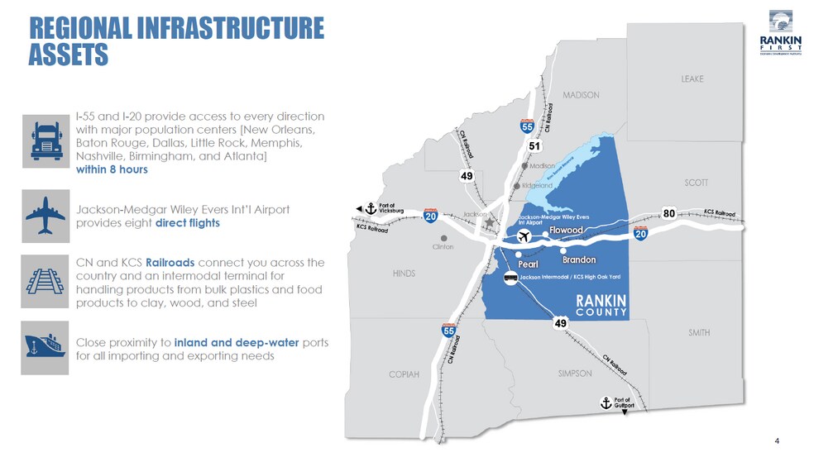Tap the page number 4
[x=777, y=439]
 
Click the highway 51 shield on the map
[x=535, y=146]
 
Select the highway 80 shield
[x=669, y=213]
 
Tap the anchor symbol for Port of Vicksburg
[x=371, y=208]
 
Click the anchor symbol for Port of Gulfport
[x=605, y=403]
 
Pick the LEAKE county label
[x=692, y=79]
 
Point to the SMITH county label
[x=699, y=332]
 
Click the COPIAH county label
[x=405, y=374]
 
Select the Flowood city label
[x=567, y=229]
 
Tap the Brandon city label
[x=578, y=259]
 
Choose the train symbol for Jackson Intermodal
[x=512, y=278]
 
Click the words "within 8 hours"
[x=112, y=169]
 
